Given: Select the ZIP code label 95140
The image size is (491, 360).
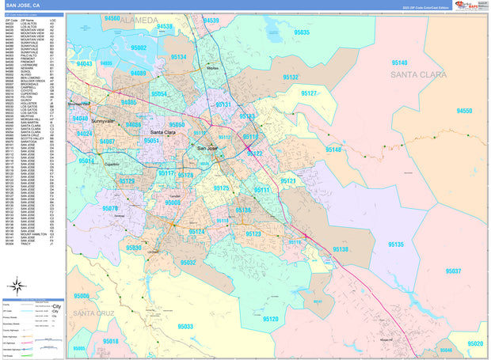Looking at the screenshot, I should [x=399, y=63].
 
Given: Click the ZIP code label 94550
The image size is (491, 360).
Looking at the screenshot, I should [x=464, y=112].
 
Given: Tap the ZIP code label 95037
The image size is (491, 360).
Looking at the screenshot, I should [x=454, y=271].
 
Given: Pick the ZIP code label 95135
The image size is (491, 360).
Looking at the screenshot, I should [x=396, y=244].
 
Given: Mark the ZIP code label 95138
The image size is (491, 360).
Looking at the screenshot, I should [x=340, y=249].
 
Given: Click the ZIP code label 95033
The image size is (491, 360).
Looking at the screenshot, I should [x=185, y=326].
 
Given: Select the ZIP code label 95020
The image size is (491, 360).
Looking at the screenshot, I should [x=475, y=343].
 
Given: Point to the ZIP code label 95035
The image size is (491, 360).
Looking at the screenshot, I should [x=302, y=32].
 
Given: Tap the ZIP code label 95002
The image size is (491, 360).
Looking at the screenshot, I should [x=139, y=47].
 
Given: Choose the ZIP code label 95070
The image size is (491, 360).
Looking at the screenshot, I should [x=111, y=209].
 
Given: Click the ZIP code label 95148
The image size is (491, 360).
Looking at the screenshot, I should [x=333, y=150].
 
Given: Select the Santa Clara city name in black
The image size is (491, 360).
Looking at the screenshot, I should [x=164, y=132].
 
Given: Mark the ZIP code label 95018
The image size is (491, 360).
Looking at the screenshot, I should [x=110, y=341].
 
